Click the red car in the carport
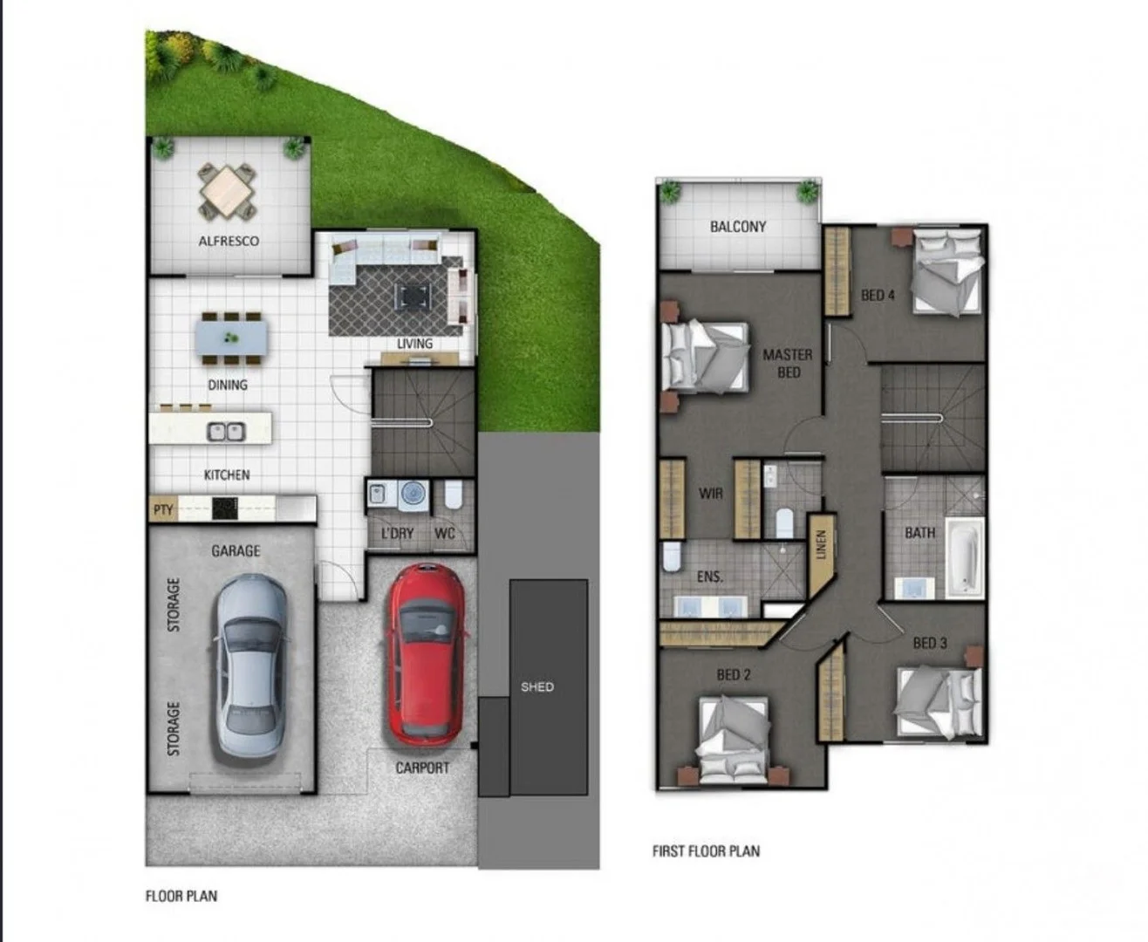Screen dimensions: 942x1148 click(426, 654)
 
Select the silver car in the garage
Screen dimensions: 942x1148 click(251, 667)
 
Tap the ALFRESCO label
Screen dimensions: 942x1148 click(229, 241)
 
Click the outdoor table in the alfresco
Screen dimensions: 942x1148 click(228, 191)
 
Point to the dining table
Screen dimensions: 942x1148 click(231, 337)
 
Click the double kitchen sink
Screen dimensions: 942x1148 click(226, 431)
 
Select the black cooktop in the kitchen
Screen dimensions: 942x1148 click(225, 507)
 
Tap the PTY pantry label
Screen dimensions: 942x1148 click(163, 509)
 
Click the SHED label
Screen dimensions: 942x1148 click(537, 687)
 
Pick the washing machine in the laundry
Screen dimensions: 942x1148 click(413, 495)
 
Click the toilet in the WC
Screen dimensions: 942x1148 click(454, 495)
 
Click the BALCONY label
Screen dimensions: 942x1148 click(738, 227)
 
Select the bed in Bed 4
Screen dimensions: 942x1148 click(948, 272)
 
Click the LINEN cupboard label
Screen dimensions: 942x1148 click(820, 547)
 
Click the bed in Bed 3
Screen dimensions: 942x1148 click(939, 701)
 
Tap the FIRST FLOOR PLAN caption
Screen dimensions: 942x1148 click(706, 851)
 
